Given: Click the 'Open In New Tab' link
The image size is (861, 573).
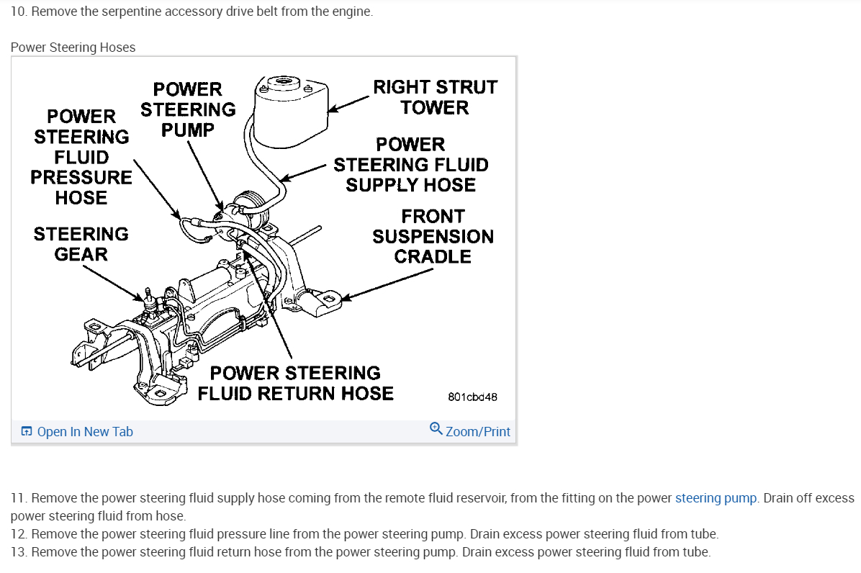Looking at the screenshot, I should [84, 432].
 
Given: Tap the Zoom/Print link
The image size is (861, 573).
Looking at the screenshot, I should [477, 432].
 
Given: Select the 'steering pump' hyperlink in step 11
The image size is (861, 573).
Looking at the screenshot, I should [716, 498].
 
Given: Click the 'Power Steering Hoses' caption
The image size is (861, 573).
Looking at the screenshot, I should [73, 48].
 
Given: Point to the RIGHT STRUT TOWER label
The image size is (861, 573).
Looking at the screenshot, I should [435, 97].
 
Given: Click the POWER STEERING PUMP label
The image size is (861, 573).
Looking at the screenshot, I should [188, 109].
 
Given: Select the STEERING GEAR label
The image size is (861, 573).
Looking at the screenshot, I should [81, 244].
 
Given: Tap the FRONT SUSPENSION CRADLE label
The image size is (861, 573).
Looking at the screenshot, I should [433, 236].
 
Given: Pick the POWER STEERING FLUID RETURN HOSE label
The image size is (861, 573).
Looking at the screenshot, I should [295, 383].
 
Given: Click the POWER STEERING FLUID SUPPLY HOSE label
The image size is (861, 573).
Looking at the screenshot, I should [410, 165].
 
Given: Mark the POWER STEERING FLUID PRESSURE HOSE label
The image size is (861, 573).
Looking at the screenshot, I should [81, 157].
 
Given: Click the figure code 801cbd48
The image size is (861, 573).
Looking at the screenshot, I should [472, 397].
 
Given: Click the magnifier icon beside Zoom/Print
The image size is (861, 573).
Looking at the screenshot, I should [436, 430].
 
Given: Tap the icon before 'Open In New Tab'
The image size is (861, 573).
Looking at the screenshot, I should [27, 432].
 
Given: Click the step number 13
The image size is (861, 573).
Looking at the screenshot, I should [18, 552].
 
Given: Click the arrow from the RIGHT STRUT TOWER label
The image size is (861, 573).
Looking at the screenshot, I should [349, 104].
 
